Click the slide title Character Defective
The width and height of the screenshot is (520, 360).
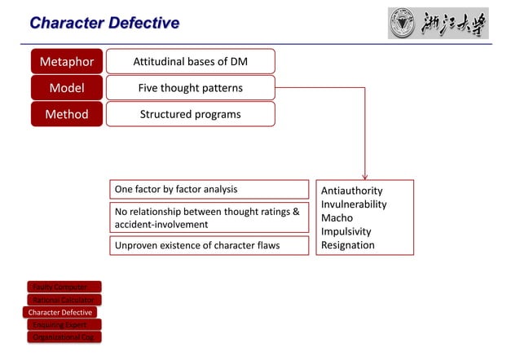(104, 23)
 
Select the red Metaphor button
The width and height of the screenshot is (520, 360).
(67, 61)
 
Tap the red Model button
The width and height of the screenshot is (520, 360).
(67, 88)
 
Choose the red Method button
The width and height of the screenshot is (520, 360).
(67, 114)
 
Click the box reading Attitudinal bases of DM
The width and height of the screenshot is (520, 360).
(190, 61)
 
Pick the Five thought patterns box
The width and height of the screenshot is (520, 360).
(190, 88)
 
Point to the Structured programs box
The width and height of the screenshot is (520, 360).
(190, 114)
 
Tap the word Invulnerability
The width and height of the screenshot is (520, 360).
(354, 204)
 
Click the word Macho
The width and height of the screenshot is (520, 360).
(337, 218)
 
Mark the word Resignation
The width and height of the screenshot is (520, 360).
(348, 245)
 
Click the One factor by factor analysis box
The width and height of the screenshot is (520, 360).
(209, 189)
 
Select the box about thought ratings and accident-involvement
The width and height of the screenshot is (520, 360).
(209, 217)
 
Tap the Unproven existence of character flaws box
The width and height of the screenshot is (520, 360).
(209, 245)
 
